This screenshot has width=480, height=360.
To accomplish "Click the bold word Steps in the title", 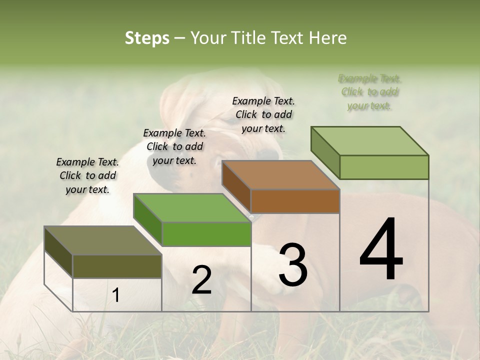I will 147,38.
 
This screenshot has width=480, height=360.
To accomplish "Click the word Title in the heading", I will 250,38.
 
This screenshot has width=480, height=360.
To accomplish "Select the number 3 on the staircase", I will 293,265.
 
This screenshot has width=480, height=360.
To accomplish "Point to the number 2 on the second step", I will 201,280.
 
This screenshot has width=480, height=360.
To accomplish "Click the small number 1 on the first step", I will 115,295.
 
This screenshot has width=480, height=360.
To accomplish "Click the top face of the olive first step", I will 102,240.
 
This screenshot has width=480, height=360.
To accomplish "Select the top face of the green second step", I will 192,207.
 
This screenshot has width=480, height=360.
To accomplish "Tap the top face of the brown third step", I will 280,175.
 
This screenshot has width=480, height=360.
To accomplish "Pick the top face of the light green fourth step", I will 369,141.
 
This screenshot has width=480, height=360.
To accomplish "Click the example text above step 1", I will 87,175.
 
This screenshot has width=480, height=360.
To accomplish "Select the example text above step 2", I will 174,146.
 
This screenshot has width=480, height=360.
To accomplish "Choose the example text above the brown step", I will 263,114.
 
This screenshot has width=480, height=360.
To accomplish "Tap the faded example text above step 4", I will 370,92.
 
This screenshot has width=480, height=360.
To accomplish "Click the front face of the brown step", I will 295,201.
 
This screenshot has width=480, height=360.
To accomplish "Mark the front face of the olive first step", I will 117,266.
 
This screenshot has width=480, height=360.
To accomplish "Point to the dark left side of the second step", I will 148,220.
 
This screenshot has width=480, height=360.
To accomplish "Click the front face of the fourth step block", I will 384,167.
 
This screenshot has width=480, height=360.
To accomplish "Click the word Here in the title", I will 328,38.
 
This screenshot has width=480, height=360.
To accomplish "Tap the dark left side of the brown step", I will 236,186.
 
